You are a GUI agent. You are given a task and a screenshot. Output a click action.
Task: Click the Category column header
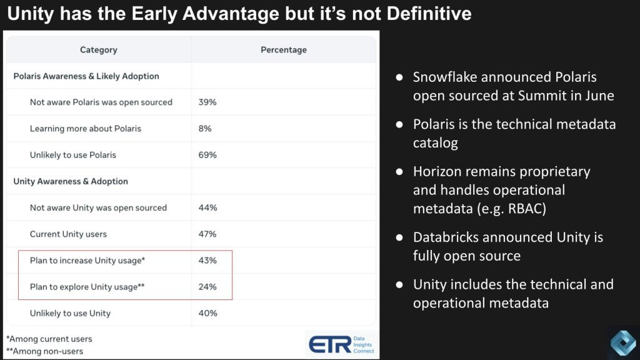pos(98,50)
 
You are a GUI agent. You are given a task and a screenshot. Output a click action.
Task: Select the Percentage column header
pos(284,50)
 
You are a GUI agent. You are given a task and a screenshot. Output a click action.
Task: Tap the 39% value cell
pos(207,102)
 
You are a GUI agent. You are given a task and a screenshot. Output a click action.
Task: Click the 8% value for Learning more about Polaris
pos(205,129)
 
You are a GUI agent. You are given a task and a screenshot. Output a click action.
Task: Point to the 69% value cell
pos(207,155)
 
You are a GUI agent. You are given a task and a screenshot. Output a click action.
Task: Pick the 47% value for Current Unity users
pos(207,234)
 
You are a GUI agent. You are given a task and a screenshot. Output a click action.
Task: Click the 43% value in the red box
pos(207,261)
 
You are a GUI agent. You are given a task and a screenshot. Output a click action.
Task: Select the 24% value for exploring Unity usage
pos(207,287)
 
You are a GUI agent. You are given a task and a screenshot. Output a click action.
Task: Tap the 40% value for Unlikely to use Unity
pos(207,314)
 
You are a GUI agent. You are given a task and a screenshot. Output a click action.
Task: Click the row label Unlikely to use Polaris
pos(73,155)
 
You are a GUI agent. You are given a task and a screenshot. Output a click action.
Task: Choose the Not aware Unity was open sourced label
pos(98,207)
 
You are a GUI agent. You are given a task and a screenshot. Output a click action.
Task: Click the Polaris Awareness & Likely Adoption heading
pos(86,76)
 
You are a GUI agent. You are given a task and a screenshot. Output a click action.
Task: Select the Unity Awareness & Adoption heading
pos(71,181)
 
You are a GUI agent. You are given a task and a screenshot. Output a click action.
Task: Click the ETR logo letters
pos(330,345)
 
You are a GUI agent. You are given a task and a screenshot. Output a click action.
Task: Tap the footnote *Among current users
pos(49,339)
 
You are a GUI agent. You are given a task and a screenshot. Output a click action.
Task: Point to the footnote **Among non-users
pos(44,351)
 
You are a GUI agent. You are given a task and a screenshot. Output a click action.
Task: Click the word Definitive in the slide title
pos(429,14)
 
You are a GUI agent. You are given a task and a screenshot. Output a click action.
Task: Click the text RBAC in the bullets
pos(526,209)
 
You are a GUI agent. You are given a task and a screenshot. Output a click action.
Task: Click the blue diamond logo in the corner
pos(623,343)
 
